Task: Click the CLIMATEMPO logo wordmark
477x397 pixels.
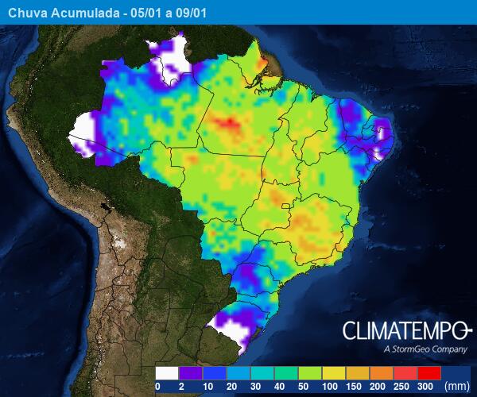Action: coord(407,330)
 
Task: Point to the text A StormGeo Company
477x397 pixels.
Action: coord(425,349)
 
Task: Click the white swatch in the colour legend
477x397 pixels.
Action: coord(167,372)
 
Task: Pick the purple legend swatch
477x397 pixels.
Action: coord(191,372)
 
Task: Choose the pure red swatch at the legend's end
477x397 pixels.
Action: coord(429,372)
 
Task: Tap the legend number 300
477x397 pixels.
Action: coord(427,386)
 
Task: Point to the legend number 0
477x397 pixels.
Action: coord(157,386)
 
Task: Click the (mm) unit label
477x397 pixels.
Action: coord(457,386)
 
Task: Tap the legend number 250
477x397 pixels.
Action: coord(402,386)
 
